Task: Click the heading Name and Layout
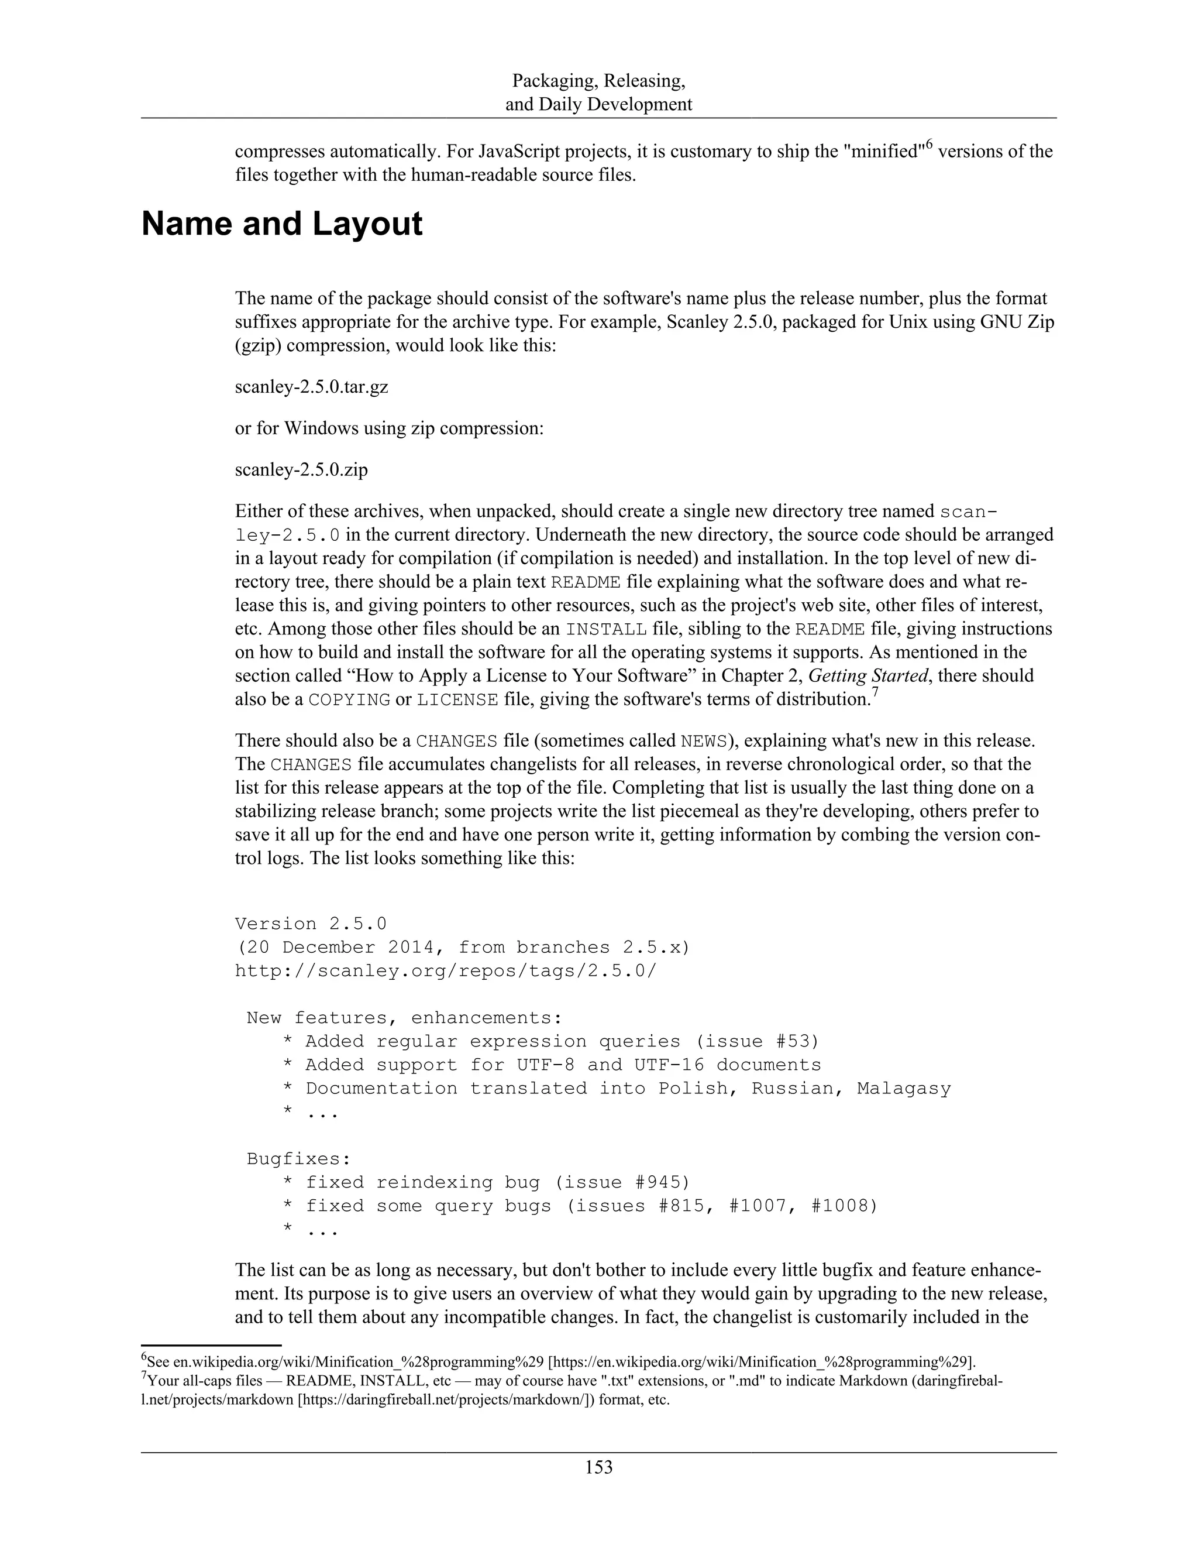pyautogui.click(x=282, y=224)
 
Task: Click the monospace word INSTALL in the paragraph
pyautogui.click(x=605, y=629)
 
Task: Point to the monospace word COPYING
pyautogui.click(x=349, y=699)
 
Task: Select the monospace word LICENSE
pyautogui.click(x=457, y=699)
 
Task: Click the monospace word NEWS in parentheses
pyautogui.click(x=703, y=742)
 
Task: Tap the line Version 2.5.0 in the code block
pyautogui.click(x=311, y=924)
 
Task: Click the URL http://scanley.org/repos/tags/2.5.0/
pyautogui.click(x=446, y=971)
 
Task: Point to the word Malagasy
pyautogui.click(x=903, y=1088)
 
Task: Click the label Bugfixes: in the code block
pyautogui.click(x=299, y=1159)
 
